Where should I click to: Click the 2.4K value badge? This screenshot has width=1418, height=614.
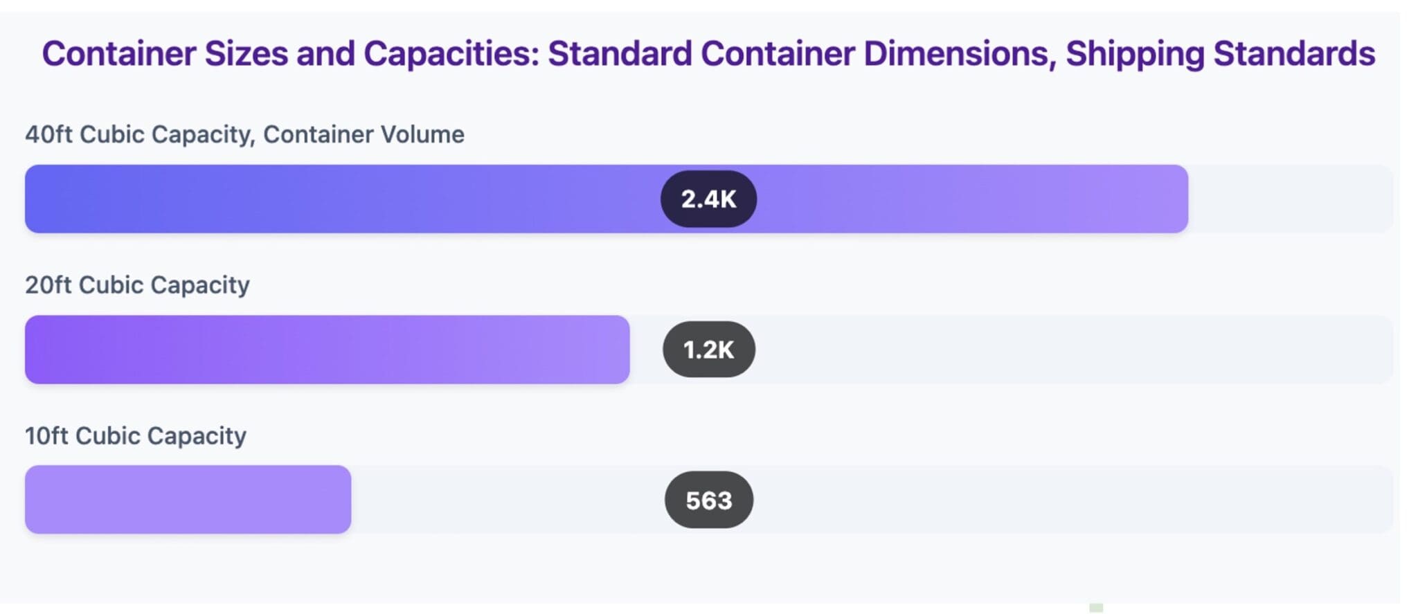point(708,199)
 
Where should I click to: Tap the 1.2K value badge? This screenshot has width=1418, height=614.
point(708,350)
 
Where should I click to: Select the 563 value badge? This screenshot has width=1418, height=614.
point(708,500)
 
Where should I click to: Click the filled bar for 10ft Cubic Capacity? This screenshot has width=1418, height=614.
point(188,500)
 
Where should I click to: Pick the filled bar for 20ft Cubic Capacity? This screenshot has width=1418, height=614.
point(327,350)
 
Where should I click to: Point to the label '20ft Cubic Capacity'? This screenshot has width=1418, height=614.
point(137,285)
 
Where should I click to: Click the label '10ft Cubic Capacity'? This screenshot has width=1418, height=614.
point(135,436)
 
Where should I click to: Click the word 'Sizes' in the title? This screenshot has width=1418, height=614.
point(246,54)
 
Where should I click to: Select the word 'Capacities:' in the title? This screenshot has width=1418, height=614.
point(451,54)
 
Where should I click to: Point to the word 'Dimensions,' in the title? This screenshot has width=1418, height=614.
point(960,54)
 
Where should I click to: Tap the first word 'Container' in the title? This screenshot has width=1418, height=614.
point(118,54)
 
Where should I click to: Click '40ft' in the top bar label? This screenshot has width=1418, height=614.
point(48,134)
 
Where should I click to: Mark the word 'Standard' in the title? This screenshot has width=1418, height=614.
point(620,54)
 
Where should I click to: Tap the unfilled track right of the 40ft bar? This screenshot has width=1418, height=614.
point(1288,199)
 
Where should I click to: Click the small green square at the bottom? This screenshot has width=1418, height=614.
point(1095,608)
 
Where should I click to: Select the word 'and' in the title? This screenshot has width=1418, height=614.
point(325,54)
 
